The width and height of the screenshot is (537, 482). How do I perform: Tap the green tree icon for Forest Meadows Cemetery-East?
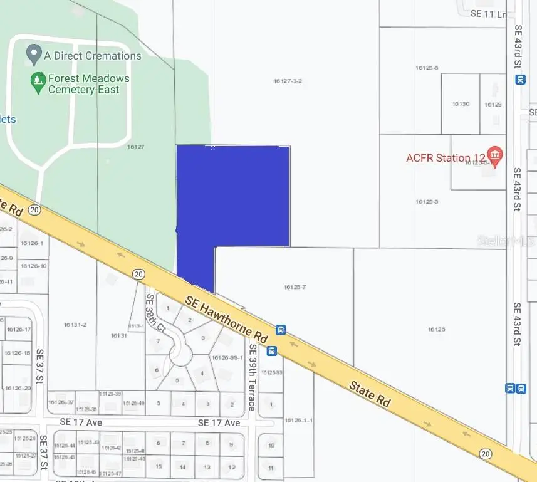pos(39,80)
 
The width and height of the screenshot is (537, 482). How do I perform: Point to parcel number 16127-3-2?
pos(288,81)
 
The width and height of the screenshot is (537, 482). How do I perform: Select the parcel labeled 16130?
pos(461,104)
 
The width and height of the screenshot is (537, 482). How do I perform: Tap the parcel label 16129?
pos(493,104)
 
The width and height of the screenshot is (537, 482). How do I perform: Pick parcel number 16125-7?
pos(294,287)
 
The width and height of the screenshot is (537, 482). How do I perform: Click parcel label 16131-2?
pos(75,325)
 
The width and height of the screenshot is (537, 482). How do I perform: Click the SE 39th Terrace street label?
pos(253,377)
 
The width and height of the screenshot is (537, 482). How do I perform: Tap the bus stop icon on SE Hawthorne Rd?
pos(281,329)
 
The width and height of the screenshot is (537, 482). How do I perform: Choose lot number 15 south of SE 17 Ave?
pos(159,466)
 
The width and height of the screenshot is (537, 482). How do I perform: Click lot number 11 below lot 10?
pos(271,468)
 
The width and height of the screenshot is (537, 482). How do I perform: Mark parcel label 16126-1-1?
pos(298,420)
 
